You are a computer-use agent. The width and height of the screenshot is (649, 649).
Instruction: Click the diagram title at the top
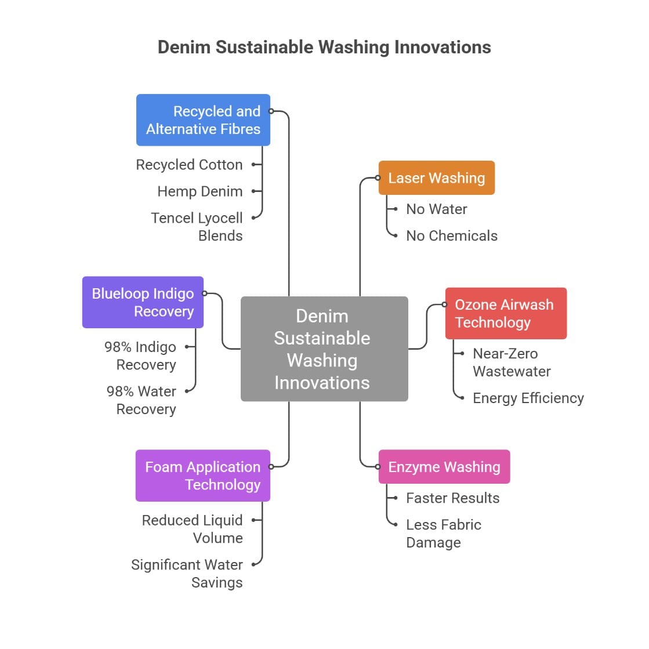(x=324, y=47)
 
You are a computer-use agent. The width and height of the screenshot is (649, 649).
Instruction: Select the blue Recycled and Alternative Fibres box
(x=203, y=120)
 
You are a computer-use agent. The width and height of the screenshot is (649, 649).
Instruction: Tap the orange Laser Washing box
(x=436, y=178)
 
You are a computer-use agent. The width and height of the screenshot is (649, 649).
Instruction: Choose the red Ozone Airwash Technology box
(x=505, y=313)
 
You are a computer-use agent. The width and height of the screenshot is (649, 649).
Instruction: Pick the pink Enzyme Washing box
(x=444, y=467)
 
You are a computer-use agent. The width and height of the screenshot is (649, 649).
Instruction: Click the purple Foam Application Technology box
(x=202, y=476)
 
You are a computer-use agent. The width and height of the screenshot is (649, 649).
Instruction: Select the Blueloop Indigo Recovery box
(x=143, y=302)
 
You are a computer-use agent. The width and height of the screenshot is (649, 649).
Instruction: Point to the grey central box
(x=324, y=349)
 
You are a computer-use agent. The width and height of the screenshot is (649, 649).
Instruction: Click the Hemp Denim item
(x=200, y=191)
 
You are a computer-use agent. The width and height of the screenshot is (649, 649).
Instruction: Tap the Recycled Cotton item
(x=189, y=165)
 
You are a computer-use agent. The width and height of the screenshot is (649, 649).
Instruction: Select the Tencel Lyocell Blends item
(x=197, y=227)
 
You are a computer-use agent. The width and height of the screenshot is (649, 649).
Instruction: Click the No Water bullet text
(x=436, y=209)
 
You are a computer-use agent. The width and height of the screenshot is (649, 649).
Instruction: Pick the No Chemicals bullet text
(x=451, y=236)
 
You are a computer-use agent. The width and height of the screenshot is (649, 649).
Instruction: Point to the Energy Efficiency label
(x=528, y=398)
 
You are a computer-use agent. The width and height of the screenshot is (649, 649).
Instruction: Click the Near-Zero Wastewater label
(x=511, y=362)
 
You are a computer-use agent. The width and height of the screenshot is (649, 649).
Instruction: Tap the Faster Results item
(x=452, y=498)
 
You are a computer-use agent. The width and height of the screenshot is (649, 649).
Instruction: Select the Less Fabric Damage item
(x=443, y=534)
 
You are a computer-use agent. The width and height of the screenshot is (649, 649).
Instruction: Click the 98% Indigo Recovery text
(x=140, y=356)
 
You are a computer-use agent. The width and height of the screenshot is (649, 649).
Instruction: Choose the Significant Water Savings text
(x=187, y=574)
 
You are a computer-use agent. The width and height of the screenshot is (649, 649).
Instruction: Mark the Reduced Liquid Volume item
(x=192, y=529)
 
